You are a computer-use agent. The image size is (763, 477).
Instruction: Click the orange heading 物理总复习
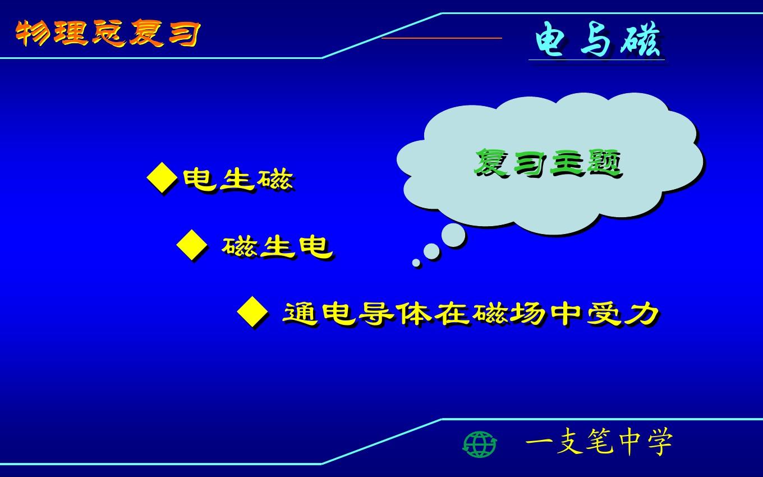click(108, 33)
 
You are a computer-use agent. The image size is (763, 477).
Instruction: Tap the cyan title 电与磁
click(598, 39)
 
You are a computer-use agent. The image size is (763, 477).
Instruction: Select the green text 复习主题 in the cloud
click(549, 163)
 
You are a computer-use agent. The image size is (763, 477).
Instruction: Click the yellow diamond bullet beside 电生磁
click(162, 178)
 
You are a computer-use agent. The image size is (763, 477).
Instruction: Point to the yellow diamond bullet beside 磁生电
click(191, 245)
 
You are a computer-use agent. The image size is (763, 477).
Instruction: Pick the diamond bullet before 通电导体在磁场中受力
click(252, 312)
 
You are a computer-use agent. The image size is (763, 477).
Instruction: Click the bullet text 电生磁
click(238, 180)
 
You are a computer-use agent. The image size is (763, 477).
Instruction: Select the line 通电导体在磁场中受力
click(471, 314)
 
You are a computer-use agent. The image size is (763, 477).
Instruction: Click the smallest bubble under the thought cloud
click(416, 263)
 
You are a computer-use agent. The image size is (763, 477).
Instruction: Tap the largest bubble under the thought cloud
click(453, 235)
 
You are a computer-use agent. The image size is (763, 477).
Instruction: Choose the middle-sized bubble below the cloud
click(431, 251)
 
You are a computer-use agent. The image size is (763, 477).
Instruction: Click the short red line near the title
click(442, 38)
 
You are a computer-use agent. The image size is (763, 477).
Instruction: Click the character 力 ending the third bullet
click(642, 314)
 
